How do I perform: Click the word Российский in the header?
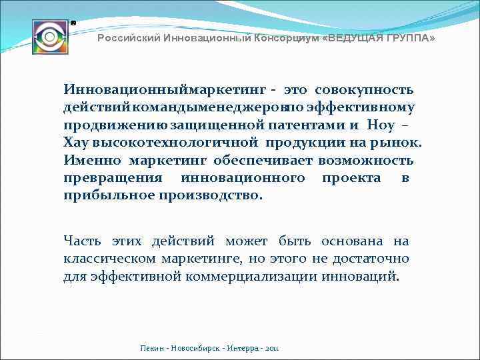[124, 39]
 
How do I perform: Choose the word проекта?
[351, 178]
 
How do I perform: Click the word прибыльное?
[109, 196]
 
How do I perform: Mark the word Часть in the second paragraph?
[83, 241]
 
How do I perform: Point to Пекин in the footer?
[152, 349]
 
